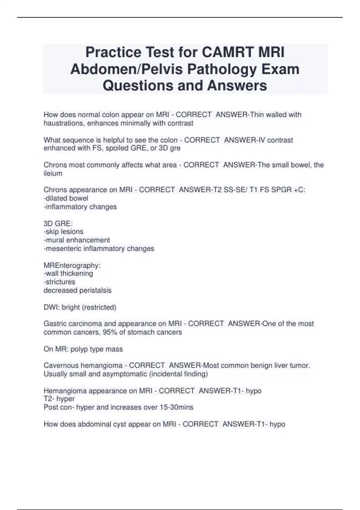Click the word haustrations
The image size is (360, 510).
pos(64,123)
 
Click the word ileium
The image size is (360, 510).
pos(53,173)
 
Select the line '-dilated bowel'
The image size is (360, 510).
pos(66,198)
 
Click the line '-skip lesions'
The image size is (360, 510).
pos(64,232)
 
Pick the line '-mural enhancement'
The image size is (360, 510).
pos(77,240)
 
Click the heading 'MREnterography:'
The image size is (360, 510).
pos(72,265)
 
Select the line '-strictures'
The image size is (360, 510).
pos(59,282)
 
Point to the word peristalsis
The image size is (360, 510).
pos(95,290)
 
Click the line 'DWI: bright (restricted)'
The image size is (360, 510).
pos(80,307)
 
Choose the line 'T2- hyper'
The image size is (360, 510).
pos(59,399)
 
